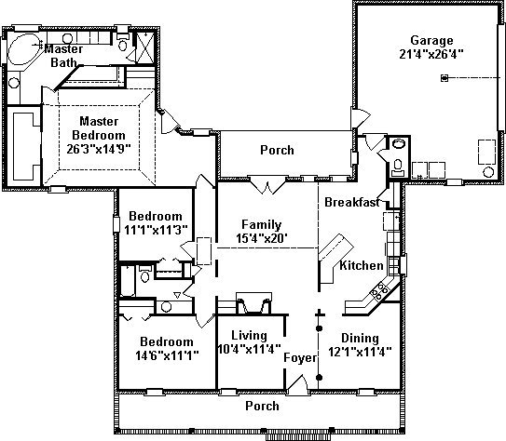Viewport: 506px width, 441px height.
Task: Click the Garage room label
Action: point(431,41)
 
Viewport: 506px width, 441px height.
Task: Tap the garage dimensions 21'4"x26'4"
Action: point(431,54)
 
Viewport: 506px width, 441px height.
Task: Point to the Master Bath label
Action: point(64,56)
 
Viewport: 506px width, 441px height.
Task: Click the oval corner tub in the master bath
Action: point(23,49)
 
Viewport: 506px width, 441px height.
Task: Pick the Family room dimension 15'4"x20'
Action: point(262,238)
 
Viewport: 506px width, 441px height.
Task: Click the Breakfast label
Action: point(352,202)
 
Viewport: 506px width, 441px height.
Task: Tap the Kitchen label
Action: point(362,265)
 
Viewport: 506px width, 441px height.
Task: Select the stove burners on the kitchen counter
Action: point(380,290)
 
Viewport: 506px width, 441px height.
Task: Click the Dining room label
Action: point(360,339)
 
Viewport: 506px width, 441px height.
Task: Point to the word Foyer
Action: point(300,358)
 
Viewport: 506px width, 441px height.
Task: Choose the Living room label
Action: point(249,336)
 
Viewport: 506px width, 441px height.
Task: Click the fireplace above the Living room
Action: point(253,302)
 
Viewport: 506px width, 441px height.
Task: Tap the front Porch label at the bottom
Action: point(262,406)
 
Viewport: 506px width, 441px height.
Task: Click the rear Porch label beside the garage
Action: point(277,150)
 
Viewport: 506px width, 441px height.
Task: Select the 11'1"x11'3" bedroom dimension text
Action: point(156,230)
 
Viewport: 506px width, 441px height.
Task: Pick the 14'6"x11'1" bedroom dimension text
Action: point(167,355)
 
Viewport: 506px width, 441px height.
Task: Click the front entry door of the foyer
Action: point(297,383)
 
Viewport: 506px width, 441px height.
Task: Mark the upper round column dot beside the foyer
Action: point(319,328)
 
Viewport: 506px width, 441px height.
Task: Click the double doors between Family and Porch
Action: point(267,185)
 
